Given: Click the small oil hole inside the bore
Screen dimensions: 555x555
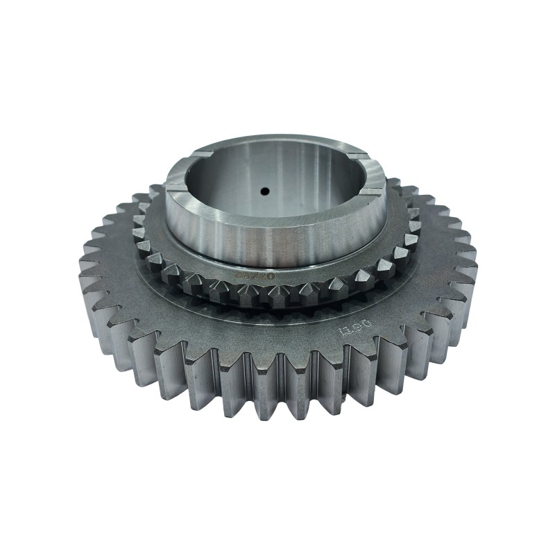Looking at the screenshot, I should coord(264,189).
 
